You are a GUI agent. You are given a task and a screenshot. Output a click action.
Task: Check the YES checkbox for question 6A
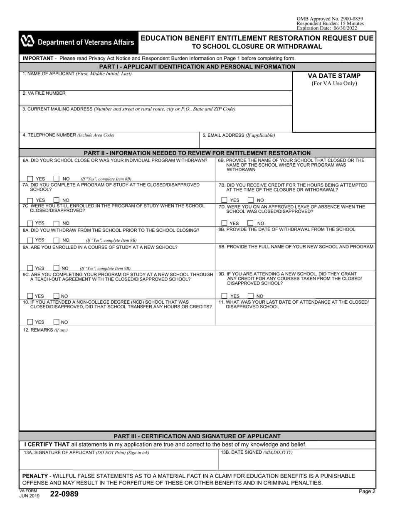tap(30, 179)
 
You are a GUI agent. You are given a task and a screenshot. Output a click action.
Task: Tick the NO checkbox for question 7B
tap(251, 200)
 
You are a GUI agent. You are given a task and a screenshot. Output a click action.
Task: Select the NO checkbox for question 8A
tap(57, 240)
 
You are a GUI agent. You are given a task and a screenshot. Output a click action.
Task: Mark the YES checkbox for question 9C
tap(30, 296)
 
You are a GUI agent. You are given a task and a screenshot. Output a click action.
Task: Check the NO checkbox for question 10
tap(57, 322)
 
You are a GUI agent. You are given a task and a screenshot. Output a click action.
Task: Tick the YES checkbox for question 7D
tap(225, 223)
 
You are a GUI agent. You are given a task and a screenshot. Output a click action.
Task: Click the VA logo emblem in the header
tap(27, 42)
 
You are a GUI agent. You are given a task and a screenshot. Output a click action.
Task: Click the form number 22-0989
tap(64, 494)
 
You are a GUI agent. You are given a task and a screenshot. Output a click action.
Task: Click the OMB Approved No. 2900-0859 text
tap(330, 19)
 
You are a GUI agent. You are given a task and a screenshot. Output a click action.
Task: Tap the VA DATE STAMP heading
tap(334, 76)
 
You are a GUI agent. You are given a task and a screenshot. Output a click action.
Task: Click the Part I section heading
tap(197, 66)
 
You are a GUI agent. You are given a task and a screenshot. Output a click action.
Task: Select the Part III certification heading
tap(197, 436)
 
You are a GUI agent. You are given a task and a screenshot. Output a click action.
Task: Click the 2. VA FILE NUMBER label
tap(44, 93)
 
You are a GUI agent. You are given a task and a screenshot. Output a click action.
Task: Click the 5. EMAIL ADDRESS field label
tap(238, 135)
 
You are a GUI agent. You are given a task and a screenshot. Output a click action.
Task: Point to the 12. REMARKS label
tap(45, 330)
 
